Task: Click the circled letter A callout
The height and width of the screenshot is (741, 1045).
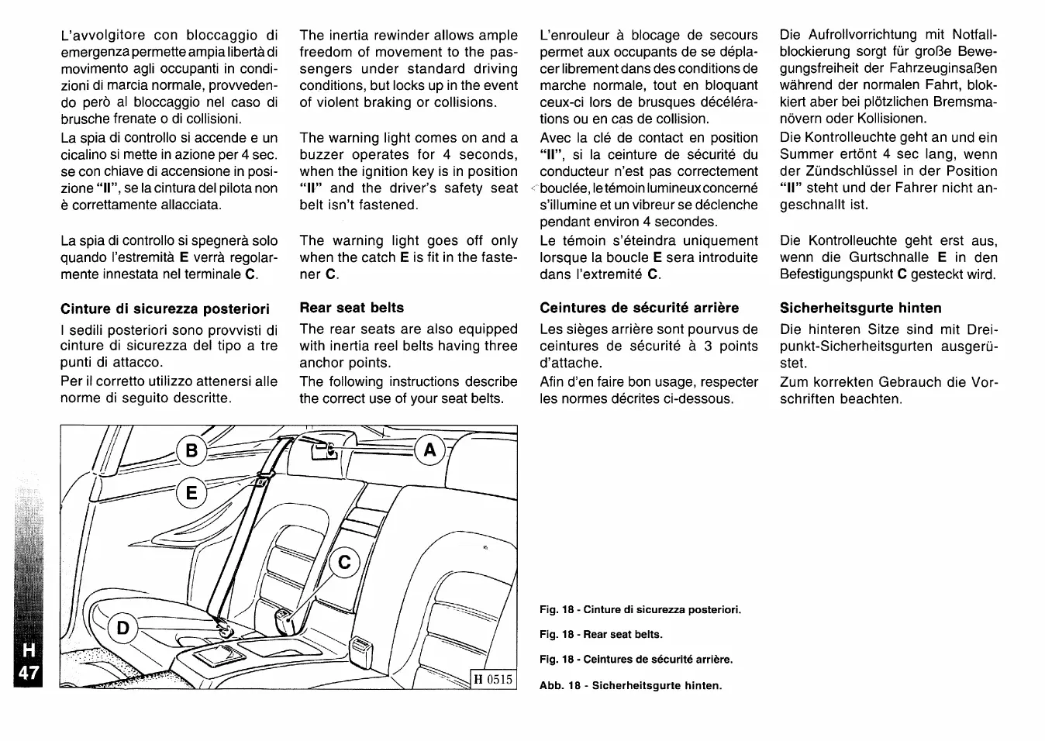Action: tap(430, 450)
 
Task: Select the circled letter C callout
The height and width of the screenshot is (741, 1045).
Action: tap(345, 563)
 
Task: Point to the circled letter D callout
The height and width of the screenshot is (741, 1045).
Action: tap(122, 627)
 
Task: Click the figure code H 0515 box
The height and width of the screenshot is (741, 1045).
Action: tap(494, 680)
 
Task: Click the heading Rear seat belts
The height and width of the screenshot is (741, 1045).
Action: tap(352, 308)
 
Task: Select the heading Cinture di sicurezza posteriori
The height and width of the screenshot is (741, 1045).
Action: tap(165, 308)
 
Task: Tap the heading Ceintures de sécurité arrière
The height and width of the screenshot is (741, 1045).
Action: tap(640, 308)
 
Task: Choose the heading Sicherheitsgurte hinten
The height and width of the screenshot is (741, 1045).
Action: tap(860, 308)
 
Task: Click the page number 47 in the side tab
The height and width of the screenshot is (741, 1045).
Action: tap(29, 672)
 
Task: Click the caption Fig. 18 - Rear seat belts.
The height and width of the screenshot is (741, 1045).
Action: tap(601, 634)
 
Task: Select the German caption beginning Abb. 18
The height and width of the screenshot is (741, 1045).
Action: tap(630, 685)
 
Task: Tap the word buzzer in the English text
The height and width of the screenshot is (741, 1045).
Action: tap(323, 154)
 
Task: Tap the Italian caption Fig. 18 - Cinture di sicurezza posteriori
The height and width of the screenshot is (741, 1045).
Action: tap(640, 609)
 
